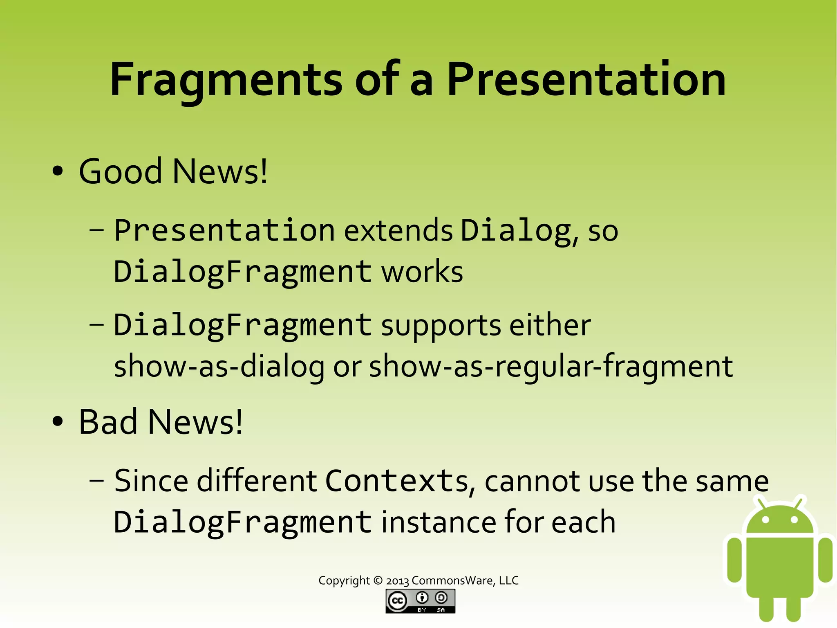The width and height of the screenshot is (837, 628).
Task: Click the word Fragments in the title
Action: point(226,80)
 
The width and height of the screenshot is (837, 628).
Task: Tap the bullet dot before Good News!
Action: point(58,171)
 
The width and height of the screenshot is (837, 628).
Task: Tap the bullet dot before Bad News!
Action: point(58,422)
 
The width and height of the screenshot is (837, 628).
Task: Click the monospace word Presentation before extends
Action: point(224,230)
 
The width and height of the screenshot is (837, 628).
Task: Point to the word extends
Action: point(398,230)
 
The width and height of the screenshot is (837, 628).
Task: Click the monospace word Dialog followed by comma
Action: point(516,230)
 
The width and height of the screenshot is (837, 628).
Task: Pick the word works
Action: point(422,272)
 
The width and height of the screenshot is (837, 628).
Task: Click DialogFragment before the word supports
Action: point(242,325)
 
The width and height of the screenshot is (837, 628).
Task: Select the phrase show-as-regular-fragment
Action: point(551,366)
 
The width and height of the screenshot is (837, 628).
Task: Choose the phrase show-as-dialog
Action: point(219,366)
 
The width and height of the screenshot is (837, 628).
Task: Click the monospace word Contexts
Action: point(396,481)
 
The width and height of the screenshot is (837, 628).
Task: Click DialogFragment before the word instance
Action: point(242,522)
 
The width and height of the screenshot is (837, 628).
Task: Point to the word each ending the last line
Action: point(583,522)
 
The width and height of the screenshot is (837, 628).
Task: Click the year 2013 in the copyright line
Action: point(397,581)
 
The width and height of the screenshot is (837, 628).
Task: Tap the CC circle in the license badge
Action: point(397,601)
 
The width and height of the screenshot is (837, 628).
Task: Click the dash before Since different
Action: point(96,481)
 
